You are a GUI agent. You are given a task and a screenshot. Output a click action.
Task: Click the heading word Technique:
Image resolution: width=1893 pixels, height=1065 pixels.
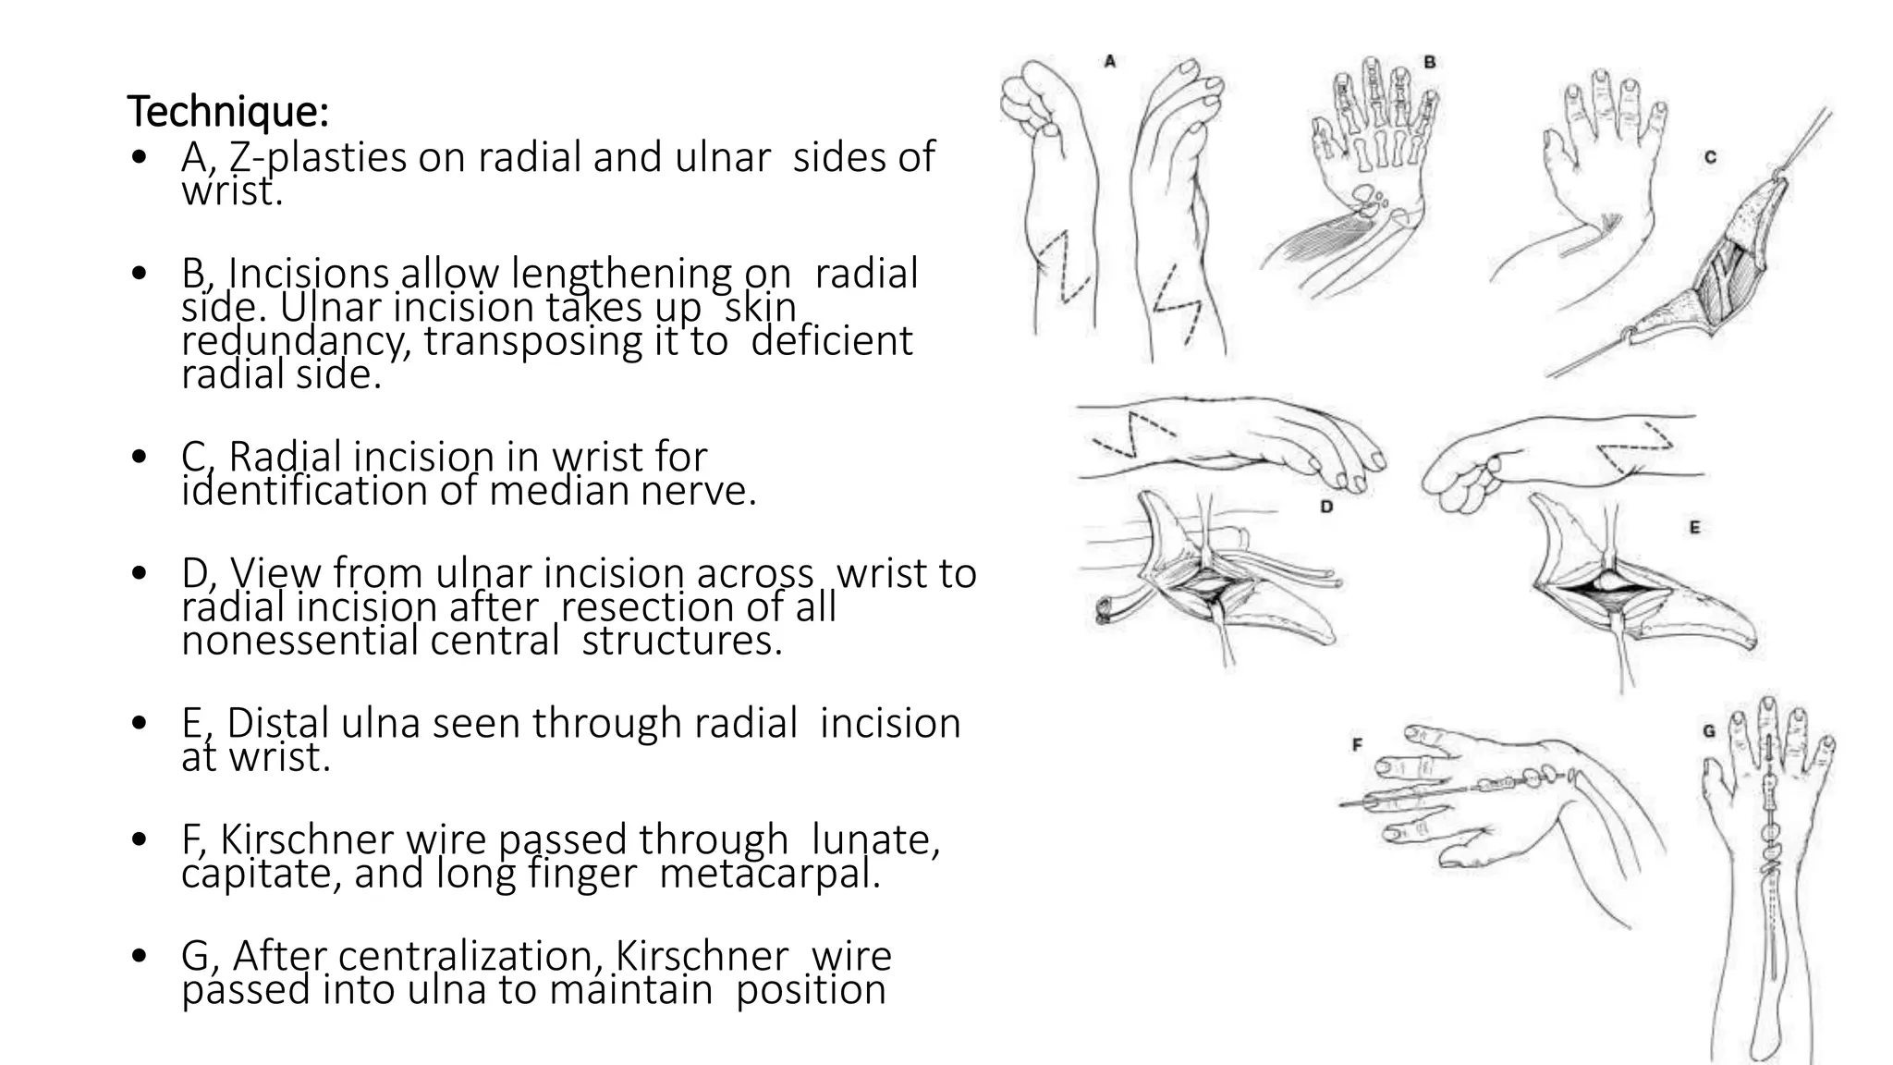click(x=227, y=112)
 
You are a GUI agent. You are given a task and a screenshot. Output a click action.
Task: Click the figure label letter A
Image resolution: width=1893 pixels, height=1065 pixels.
click(x=1110, y=62)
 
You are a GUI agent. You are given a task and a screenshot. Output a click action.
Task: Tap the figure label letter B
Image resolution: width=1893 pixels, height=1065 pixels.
click(x=1430, y=63)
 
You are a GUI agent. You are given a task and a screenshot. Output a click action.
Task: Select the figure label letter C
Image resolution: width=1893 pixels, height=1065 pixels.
click(x=1710, y=158)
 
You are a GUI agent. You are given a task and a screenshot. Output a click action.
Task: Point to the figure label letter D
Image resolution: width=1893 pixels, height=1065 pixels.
click(x=1326, y=507)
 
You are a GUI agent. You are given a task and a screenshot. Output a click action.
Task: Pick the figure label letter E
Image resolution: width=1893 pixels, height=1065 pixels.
click(x=1694, y=527)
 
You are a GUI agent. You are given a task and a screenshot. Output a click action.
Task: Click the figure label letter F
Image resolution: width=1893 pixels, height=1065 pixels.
click(x=1358, y=744)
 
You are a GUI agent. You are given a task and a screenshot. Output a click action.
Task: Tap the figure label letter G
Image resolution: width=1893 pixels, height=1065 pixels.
click(x=1709, y=731)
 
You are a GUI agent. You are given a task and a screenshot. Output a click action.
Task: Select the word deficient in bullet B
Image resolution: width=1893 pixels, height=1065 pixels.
click(x=831, y=341)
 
